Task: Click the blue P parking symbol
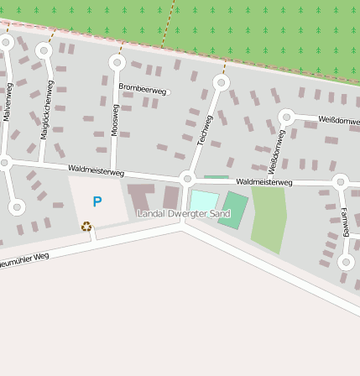(x=97, y=202)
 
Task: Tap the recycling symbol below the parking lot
(x=86, y=226)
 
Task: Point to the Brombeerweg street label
(x=143, y=88)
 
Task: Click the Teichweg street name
(x=205, y=129)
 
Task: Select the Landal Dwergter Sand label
(x=184, y=214)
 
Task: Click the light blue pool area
(x=202, y=201)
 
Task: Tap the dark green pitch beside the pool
(x=234, y=208)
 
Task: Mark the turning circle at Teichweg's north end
(x=221, y=82)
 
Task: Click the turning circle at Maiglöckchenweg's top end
(x=44, y=50)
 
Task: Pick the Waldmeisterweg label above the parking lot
(x=96, y=171)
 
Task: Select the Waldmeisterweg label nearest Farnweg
(x=264, y=181)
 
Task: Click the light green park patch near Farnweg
(x=269, y=218)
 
